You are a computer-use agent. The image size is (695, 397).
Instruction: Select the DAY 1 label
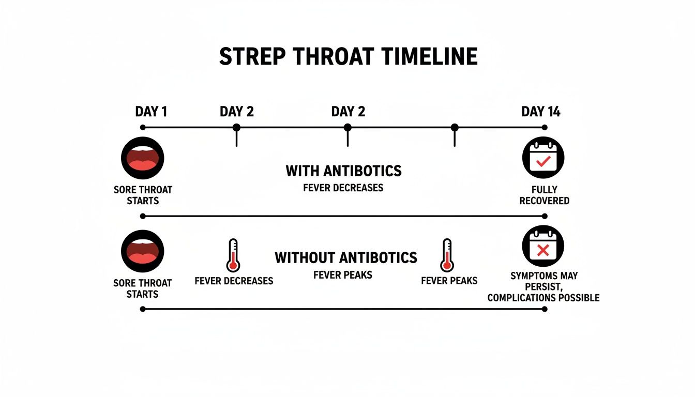pos(151,112)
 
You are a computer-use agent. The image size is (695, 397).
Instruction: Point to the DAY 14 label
pos(540,112)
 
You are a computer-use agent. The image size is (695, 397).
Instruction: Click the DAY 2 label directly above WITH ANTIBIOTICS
pos(348,112)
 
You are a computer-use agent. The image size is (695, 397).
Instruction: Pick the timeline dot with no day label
pos(455,128)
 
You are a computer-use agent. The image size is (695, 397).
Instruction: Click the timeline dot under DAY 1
pos(143,128)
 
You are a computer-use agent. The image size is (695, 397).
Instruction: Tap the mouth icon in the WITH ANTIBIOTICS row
pos(142,158)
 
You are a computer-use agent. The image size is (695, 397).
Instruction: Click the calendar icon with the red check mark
pos(543,158)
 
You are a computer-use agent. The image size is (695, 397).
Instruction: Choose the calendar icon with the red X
pos(543,247)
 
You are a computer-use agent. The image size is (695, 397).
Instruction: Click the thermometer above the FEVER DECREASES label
pos(233,255)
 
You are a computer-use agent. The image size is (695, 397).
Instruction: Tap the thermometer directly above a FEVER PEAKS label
pos(447,255)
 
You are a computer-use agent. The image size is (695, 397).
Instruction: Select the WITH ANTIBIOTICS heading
pos(343,171)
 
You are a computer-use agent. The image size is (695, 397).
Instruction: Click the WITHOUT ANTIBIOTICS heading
pos(345,257)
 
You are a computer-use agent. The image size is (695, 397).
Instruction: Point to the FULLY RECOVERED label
pos(544,195)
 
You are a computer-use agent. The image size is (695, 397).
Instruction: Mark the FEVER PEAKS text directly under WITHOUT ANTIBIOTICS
pos(343,275)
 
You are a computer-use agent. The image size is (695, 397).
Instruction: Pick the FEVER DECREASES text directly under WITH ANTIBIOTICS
pos(343,187)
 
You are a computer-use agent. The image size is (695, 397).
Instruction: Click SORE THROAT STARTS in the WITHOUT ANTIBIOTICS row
pos(142,288)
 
